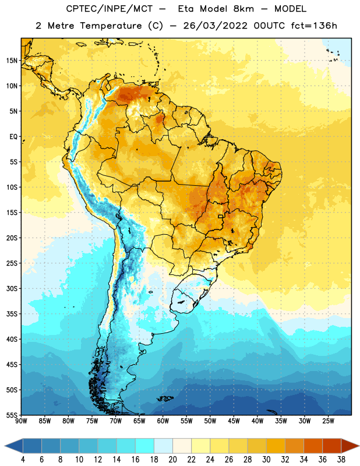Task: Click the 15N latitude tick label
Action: [12, 61]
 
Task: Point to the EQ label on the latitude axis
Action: [13, 137]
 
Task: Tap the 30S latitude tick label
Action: [12, 288]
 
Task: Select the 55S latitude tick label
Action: [12, 415]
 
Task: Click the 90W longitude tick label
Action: [21, 421]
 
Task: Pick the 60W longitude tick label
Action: [163, 421]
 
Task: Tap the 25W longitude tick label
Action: [328, 421]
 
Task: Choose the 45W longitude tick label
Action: [234, 421]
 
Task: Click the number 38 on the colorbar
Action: [341, 460]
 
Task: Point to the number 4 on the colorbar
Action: [23, 460]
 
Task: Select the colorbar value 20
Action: [172, 460]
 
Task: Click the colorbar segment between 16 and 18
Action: [144, 446]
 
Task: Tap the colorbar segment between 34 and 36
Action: [313, 446]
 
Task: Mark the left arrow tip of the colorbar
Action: [5, 446]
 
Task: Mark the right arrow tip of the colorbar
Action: [359, 446]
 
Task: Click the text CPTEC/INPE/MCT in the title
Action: [110, 9]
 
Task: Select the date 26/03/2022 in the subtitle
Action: [215, 26]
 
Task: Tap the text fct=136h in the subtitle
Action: [314, 26]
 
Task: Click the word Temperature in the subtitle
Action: [111, 26]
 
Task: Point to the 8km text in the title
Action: [243, 9]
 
